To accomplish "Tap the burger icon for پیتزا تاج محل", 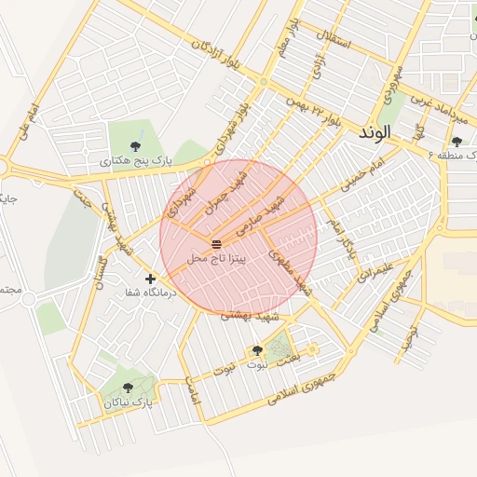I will (217, 241).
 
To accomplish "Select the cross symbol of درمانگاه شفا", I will (151, 278).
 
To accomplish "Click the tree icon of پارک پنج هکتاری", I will (137, 145).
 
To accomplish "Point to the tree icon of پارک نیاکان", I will (128, 387).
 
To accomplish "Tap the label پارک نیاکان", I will (128, 402).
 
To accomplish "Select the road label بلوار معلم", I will (289, 35).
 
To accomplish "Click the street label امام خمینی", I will (362, 174).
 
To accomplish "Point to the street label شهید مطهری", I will (290, 270).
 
